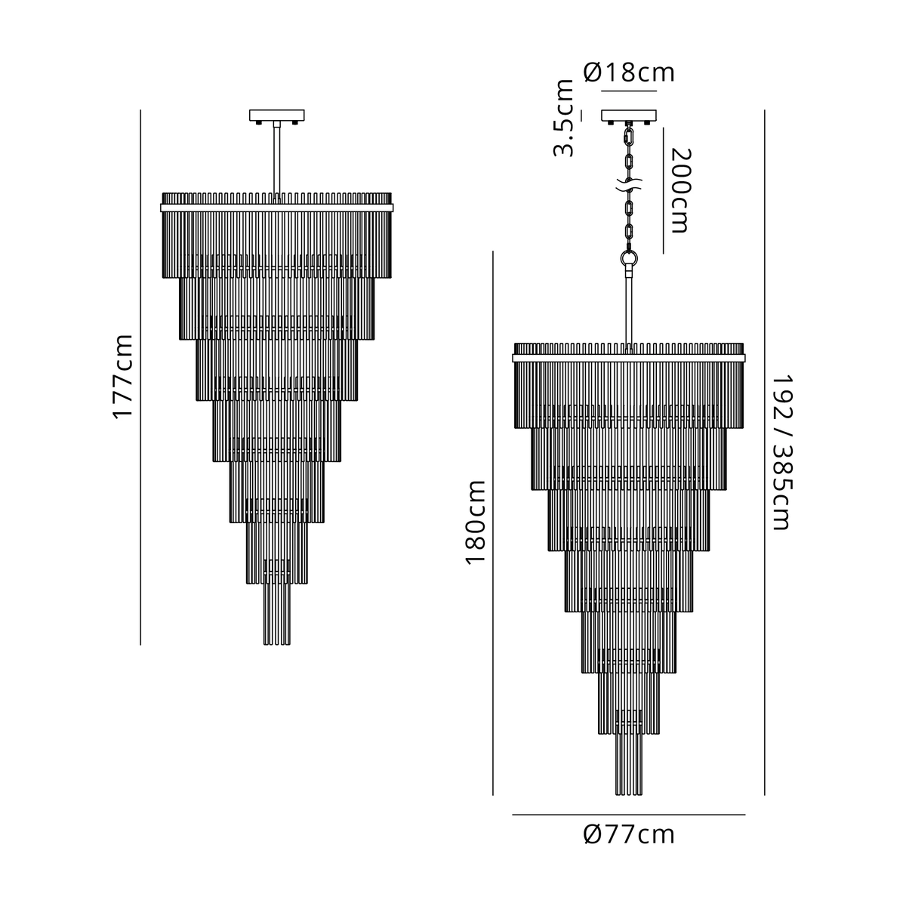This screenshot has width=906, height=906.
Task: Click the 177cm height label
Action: pos(123,377)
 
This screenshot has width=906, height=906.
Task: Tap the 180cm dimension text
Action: pos(476,522)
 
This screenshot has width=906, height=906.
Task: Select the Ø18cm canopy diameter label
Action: pos(629,72)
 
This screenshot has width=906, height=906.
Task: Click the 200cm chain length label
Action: pos(680,190)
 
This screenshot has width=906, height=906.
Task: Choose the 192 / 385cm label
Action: pos(783,452)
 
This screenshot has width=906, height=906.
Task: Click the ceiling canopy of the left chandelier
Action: pos(277,116)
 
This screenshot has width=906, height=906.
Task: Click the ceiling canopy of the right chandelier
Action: pos(629,116)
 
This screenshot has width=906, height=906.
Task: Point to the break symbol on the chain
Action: pos(629,185)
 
